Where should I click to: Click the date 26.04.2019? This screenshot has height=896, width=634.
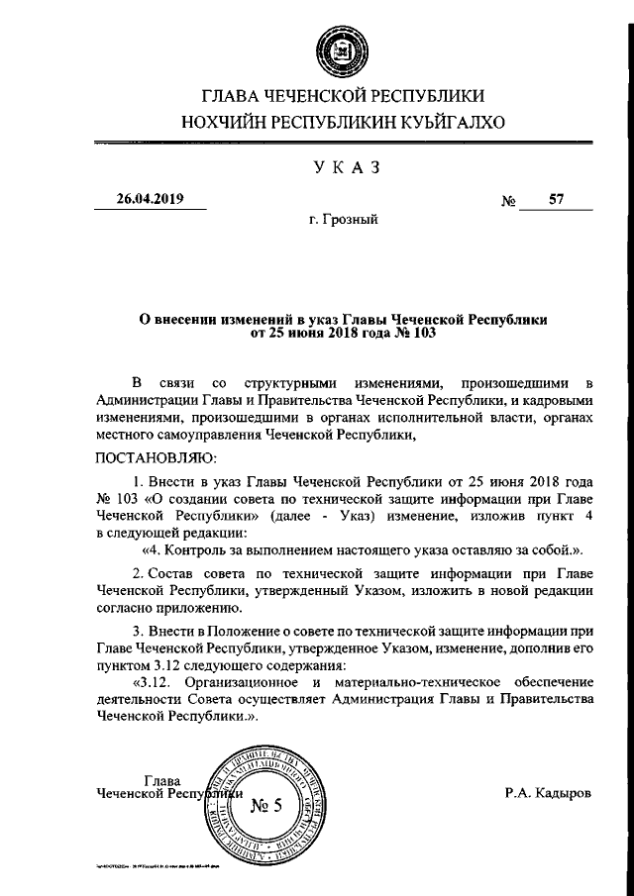coord(150,199)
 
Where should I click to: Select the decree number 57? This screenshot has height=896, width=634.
coord(556,199)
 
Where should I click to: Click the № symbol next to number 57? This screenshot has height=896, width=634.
coord(511,201)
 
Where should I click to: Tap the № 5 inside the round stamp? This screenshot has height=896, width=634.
coord(265,804)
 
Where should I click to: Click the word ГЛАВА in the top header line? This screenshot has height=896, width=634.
coord(228,96)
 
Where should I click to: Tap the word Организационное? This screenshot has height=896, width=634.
coord(240,683)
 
